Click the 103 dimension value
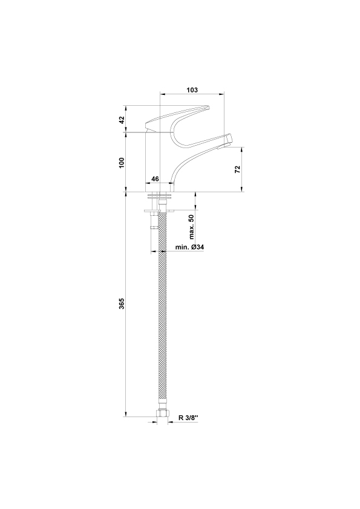(x=192, y=90)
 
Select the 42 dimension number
(x=122, y=120)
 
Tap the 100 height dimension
(x=122, y=162)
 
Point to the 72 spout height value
(x=238, y=169)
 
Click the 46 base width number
(x=155, y=179)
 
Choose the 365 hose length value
(x=122, y=303)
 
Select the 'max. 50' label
(x=191, y=227)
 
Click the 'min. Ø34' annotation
(x=190, y=247)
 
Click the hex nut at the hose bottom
(x=163, y=413)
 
